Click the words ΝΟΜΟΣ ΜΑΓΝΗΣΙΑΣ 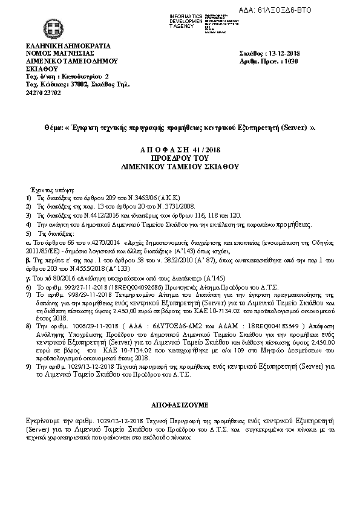point(56,53)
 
